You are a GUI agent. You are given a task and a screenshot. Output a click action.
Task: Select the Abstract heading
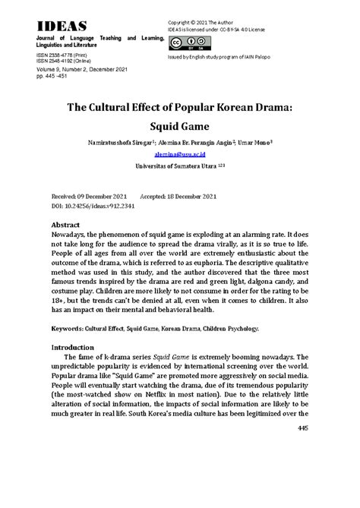(x=71, y=226)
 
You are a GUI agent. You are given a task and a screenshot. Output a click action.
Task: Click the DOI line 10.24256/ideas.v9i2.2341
(x=96, y=206)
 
